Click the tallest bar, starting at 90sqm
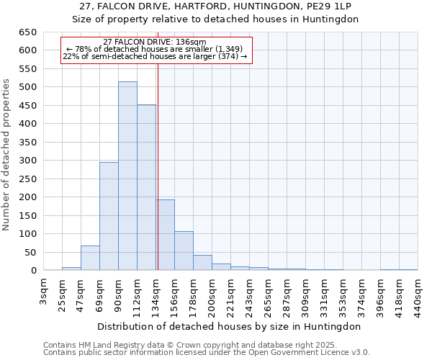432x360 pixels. tap(127, 176)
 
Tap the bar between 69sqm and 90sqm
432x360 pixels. tap(109, 216)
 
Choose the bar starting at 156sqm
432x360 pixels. tap(184, 251)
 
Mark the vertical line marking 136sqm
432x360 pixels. tap(158, 166)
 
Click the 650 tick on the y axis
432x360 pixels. tap(27, 32)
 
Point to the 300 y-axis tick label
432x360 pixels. tap(27, 161)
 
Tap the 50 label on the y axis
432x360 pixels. tap(30, 252)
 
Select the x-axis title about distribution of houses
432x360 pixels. tap(230, 326)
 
